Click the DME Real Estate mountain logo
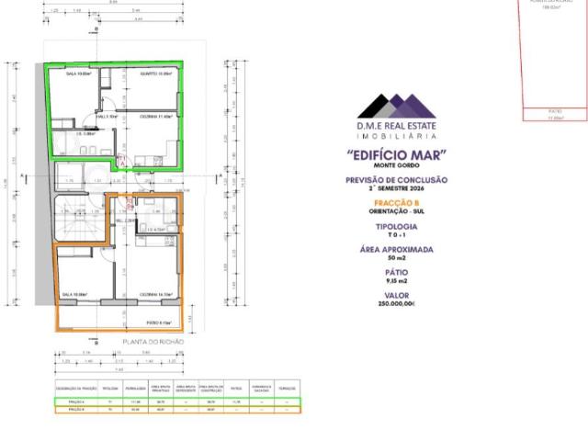[397, 105]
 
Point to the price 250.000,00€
[397, 303]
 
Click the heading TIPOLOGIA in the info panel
[397, 226]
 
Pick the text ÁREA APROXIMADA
[397, 249]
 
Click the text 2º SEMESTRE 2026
[397, 187]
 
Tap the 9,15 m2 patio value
[397, 280]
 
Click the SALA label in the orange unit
[74, 294]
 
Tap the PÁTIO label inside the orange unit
[159, 322]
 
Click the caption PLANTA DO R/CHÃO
[153, 341]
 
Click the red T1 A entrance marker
[123, 162]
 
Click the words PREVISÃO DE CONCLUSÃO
[397, 180]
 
